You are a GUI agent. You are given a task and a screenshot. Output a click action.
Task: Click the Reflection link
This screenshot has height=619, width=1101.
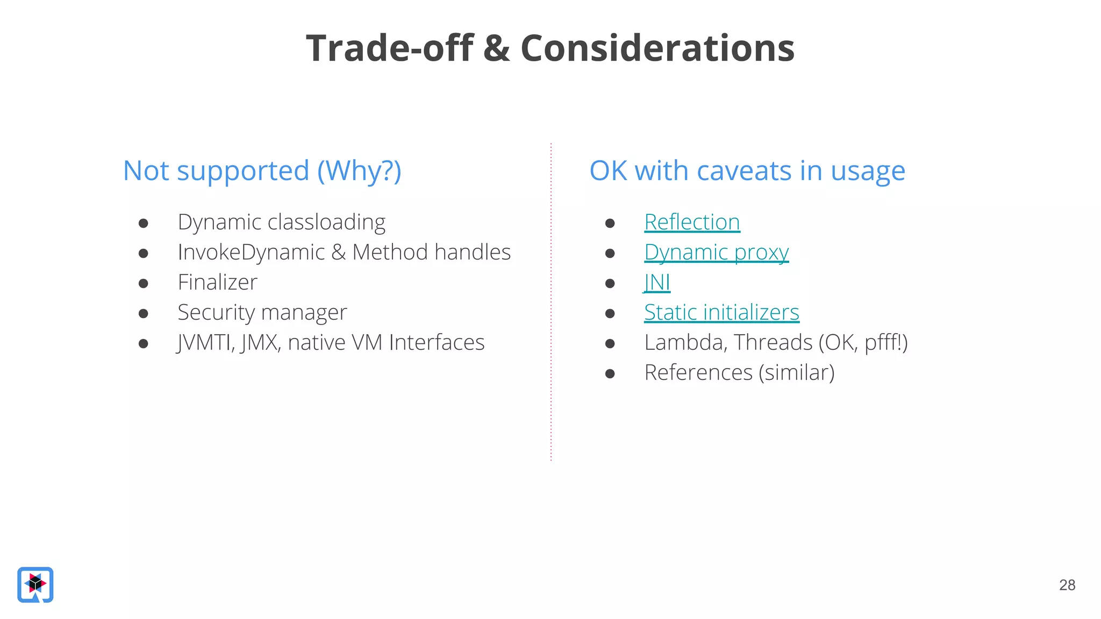[x=692, y=222]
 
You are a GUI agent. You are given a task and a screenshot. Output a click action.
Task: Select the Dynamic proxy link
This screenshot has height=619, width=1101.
[x=716, y=253]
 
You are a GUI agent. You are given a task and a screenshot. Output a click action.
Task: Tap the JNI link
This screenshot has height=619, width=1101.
[x=657, y=283]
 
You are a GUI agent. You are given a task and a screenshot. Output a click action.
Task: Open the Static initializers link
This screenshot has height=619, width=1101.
[x=721, y=313]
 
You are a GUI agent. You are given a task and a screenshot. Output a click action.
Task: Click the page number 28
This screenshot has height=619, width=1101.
[x=1067, y=585]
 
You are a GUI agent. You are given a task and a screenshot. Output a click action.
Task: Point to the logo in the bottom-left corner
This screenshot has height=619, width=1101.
[x=35, y=585]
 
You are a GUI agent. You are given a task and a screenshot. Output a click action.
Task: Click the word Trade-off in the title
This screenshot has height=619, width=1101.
[x=390, y=48]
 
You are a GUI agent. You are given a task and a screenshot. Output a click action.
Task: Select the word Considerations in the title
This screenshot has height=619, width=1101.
[x=657, y=48]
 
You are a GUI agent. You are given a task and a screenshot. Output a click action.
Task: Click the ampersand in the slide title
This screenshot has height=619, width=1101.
[x=496, y=48]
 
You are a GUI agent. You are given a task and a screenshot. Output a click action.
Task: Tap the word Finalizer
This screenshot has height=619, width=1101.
[x=217, y=283]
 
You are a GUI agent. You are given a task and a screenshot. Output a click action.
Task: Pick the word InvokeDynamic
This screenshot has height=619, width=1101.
[x=251, y=253]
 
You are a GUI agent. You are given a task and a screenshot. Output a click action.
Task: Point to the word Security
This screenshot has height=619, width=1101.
[x=216, y=313]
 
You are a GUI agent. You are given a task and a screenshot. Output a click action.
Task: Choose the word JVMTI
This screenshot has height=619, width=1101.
[x=205, y=343]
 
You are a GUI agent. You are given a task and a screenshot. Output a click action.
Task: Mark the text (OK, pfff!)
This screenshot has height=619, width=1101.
[x=863, y=343]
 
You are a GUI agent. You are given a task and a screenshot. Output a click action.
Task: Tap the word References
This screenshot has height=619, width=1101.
[x=698, y=373]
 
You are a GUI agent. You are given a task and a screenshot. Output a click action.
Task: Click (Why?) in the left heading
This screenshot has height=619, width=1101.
[x=359, y=171]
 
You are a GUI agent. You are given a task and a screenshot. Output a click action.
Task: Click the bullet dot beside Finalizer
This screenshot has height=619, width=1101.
[x=143, y=283]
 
